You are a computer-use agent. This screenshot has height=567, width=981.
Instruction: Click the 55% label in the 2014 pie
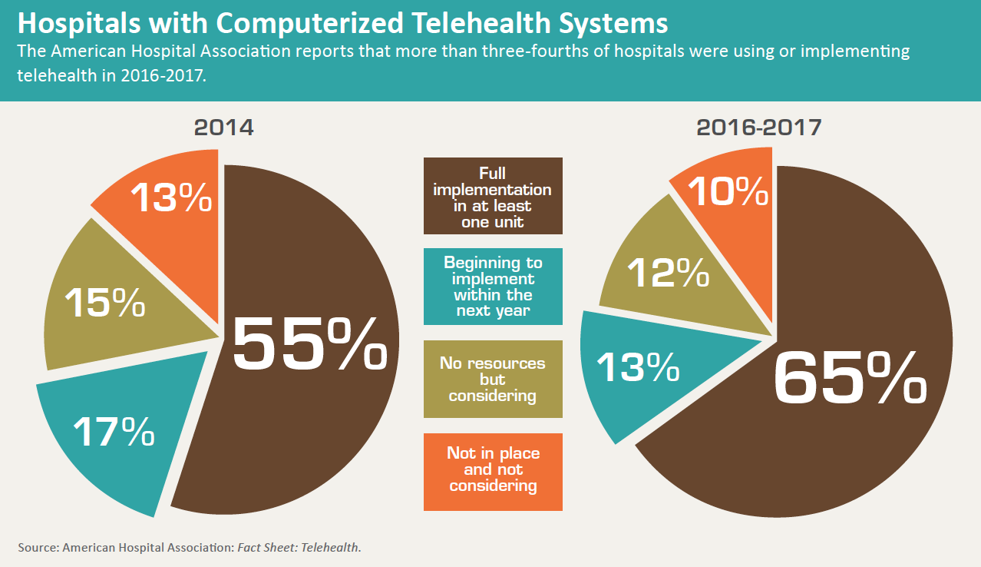click(x=309, y=345)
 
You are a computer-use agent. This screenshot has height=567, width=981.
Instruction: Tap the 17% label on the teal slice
click(x=114, y=432)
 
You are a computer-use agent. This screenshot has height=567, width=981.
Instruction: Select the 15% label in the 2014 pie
click(x=104, y=302)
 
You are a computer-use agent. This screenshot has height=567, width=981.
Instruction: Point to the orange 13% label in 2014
click(x=170, y=198)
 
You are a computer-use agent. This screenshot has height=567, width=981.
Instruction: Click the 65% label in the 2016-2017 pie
click(x=850, y=379)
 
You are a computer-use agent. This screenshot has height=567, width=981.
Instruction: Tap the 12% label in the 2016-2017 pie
click(x=668, y=272)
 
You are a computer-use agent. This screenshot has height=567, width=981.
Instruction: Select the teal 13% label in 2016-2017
click(x=638, y=367)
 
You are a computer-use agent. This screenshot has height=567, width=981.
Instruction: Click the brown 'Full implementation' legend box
click(x=493, y=196)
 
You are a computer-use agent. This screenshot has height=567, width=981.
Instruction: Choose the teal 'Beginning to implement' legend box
click(x=493, y=287)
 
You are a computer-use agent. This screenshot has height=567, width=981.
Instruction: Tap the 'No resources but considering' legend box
click(x=493, y=379)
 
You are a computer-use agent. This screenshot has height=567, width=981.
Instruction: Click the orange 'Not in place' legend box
click(x=493, y=471)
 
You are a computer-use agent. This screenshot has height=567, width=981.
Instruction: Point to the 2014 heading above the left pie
click(x=223, y=127)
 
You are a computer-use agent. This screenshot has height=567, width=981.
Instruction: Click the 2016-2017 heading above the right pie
click(x=758, y=127)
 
